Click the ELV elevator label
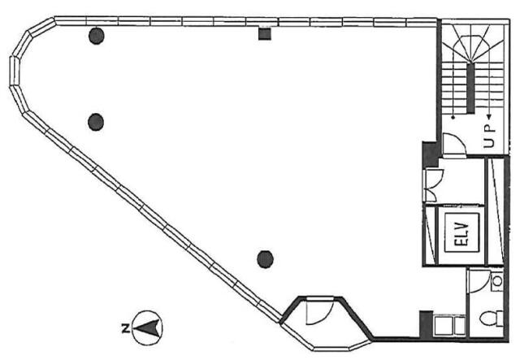pos(462,233)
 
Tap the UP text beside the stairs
pos(489,136)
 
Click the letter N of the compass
pos(125,328)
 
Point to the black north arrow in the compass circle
pos(147,327)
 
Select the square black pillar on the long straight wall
pos(265,34)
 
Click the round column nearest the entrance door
pos(265,259)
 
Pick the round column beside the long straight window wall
pos(97,36)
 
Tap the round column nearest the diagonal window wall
pos(96,122)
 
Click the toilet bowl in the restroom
pos(492,319)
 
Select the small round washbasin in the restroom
pos(496,281)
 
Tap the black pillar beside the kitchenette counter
pos(426,323)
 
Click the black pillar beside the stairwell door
pos(430,154)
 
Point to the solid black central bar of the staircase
pos(470,88)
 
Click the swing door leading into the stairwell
pos(454,144)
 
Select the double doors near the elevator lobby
pos(434,185)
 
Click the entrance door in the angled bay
pos(319,310)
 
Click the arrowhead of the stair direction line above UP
pos(488,116)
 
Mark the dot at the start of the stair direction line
pos(453,117)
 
